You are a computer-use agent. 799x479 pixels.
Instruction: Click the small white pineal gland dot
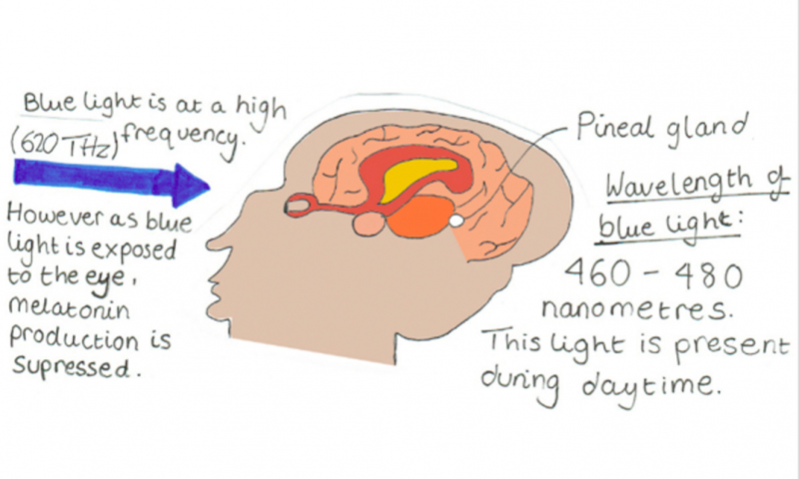click(456, 221)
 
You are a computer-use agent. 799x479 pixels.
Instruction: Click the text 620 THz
click(64, 144)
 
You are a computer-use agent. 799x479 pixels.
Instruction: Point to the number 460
click(597, 272)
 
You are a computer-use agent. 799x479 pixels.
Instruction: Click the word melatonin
click(70, 308)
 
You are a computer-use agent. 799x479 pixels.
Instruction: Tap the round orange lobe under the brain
click(420, 218)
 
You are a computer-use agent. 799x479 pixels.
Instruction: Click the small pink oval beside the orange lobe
click(369, 225)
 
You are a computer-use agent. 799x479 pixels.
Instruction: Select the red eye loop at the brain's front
click(298, 206)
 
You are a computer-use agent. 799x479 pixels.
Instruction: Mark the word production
click(74, 338)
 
